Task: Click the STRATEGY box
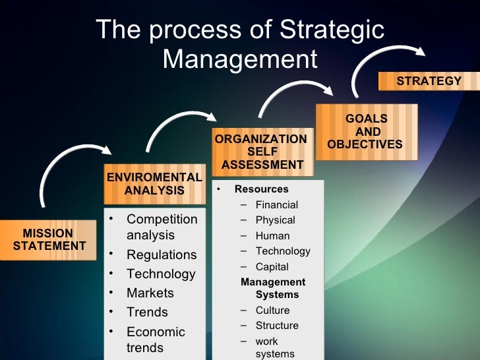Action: click(429, 81)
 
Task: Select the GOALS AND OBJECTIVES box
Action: click(366, 132)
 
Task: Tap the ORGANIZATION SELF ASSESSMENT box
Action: click(261, 152)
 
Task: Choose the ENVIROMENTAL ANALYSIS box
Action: click(154, 184)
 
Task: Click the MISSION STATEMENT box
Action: click(49, 240)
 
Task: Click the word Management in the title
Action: click(240, 59)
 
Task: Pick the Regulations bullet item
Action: click(162, 255)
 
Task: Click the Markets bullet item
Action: click(150, 293)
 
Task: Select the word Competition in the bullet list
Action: click(162, 219)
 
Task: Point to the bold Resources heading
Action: click(261, 189)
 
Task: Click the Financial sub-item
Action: click(277, 205)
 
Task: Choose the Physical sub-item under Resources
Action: click(275, 220)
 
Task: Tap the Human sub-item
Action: click(272, 236)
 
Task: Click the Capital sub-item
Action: click(272, 267)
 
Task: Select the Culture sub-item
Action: click(272, 311)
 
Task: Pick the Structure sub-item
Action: click(277, 326)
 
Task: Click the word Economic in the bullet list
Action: click(156, 332)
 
